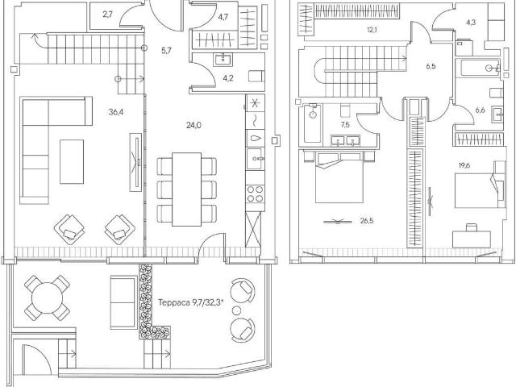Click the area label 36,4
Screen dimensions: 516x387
pos(116,112)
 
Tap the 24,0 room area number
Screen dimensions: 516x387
pos(193,125)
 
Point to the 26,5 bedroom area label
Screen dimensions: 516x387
pos(367,221)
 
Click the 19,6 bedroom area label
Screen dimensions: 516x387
pos(464,165)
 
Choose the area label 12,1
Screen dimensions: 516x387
pos(372,30)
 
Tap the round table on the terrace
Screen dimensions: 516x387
pos(47,298)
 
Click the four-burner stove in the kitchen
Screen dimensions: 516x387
pos(255,193)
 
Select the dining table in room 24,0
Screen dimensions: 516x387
pos(186,189)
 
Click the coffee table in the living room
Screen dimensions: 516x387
pos(72,161)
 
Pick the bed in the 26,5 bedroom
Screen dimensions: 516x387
pos(339,177)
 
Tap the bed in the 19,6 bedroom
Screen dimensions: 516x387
pos(479,190)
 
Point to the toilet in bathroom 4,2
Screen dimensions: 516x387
pos(256,77)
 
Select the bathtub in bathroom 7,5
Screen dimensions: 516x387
pos(313,123)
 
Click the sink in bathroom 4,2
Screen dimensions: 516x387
pos(224,60)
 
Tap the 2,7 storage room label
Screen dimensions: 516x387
pos(107,15)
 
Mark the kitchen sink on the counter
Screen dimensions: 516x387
pos(255,159)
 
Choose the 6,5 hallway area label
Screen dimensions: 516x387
pos(431,66)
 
